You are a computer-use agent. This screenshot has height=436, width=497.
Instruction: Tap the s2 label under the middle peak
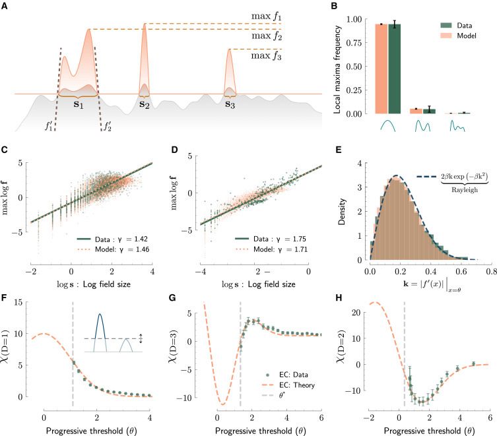[144, 104]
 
